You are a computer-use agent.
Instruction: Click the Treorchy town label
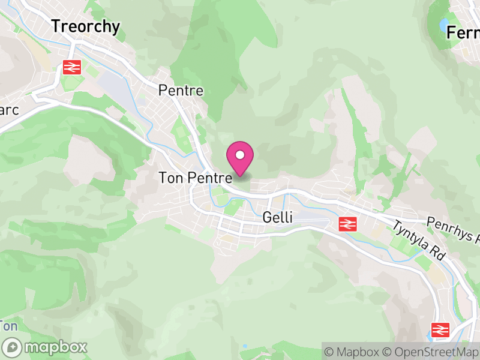[x=85, y=26]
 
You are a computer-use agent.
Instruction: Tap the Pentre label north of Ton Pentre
[x=181, y=91]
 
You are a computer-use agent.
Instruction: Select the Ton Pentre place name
[x=195, y=178]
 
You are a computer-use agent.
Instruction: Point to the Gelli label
[x=278, y=217]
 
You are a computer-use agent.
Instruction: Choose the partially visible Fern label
[x=463, y=32]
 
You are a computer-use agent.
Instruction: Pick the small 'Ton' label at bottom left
[x=9, y=326]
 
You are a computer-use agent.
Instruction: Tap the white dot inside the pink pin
[x=240, y=155]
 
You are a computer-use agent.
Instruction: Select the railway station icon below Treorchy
[x=71, y=67]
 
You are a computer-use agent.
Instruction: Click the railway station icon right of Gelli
[x=347, y=224]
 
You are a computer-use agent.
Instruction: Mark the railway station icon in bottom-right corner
[x=440, y=329]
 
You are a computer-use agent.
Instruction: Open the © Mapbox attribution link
[x=359, y=351]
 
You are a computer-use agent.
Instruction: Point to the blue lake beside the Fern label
[x=444, y=26]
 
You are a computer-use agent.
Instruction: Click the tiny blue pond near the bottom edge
[x=245, y=347]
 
